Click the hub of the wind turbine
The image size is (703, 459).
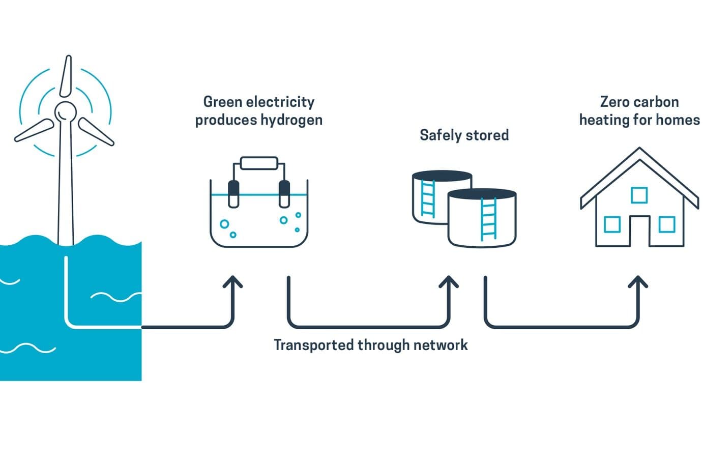[x=65, y=111]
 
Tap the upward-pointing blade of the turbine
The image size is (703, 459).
[x=66, y=76]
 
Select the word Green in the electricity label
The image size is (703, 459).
[x=222, y=102]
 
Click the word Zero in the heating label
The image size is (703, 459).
[x=613, y=102]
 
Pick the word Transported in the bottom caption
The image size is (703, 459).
[x=313, y=345]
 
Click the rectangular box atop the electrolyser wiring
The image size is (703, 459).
[x=259, y=163]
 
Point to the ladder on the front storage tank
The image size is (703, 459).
[x=488, y=219]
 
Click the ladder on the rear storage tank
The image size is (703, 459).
[x=428, y=198]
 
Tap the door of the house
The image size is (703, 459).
[x=639, y=232]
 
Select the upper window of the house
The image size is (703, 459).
[x=639, y=195]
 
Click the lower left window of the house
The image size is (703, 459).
[x=612, y=224]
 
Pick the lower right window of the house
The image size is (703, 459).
[x=666, y=224]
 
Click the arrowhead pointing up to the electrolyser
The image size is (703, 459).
[x=233, y=281]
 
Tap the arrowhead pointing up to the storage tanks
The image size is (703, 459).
[x=449, y=281]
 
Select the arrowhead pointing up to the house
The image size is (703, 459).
[x=638, y=281]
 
